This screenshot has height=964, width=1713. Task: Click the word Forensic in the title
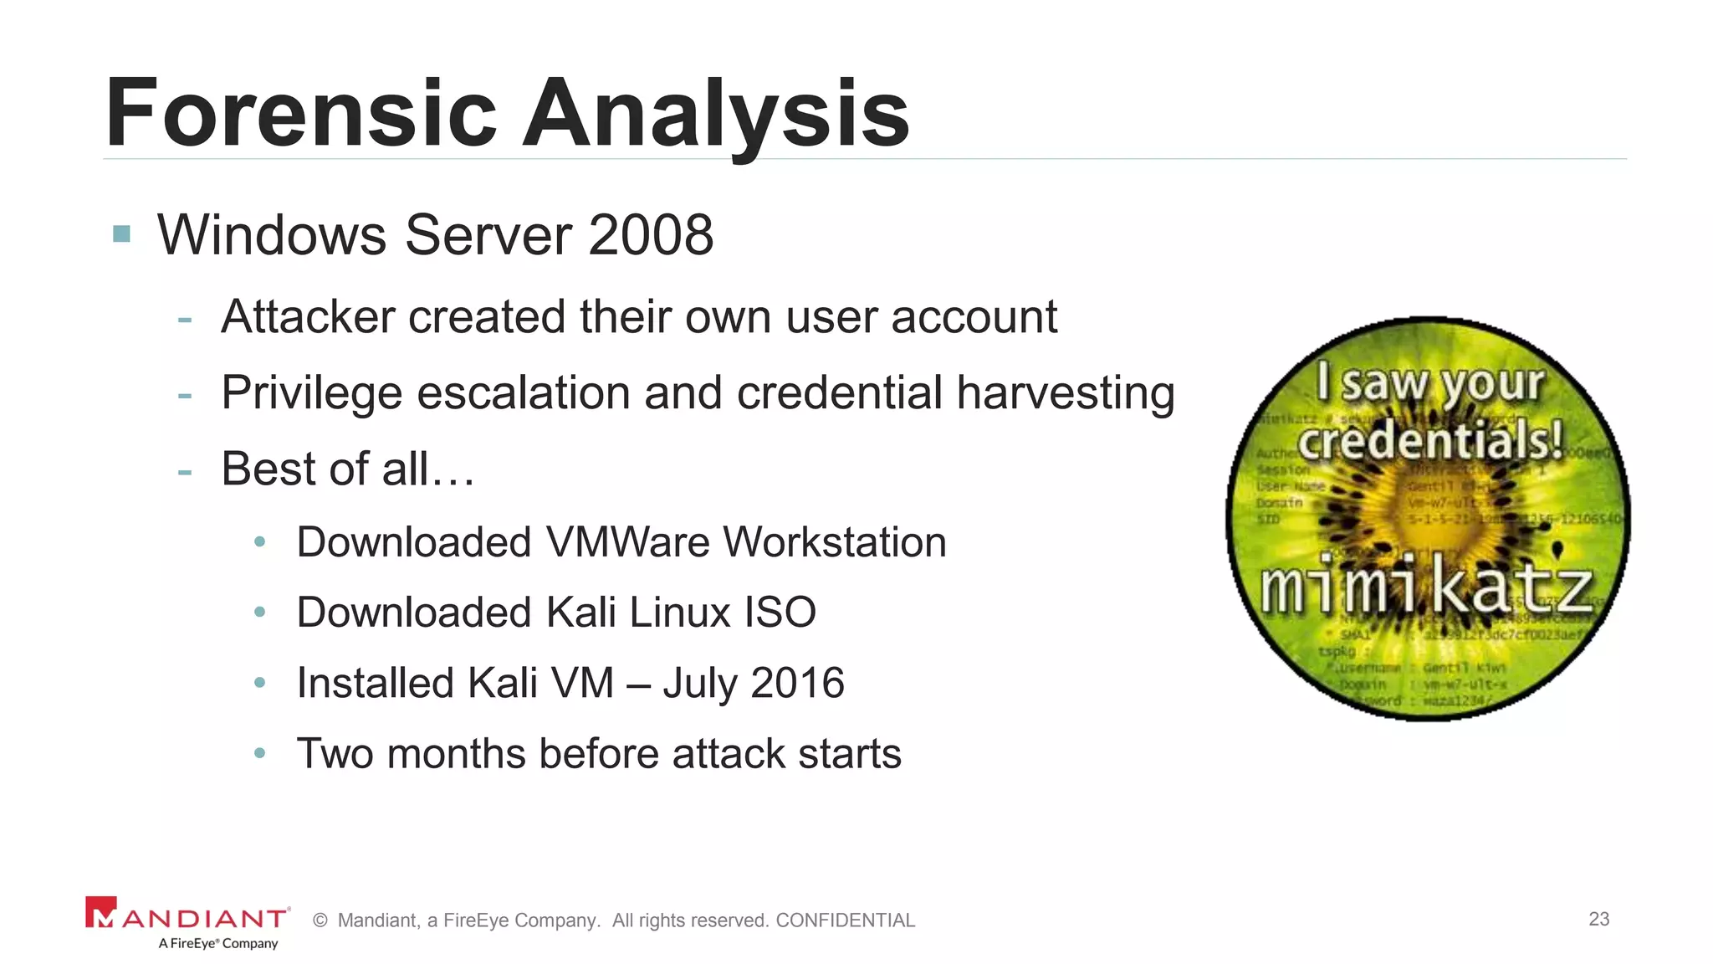301,113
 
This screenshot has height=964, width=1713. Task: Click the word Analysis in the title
716,113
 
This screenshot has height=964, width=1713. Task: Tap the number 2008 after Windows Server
651,235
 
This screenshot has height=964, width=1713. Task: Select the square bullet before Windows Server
122,233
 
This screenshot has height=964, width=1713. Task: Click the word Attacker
308,317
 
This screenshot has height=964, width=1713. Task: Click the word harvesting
1066,393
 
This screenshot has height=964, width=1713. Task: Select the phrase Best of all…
348,469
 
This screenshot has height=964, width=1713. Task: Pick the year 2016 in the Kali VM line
796,683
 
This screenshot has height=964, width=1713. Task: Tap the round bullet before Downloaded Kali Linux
260,613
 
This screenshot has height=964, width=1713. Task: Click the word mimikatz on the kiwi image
1426,588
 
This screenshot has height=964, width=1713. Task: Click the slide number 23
1598,919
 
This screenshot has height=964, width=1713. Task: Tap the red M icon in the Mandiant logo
100,913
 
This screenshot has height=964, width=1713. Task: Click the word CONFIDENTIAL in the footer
845,920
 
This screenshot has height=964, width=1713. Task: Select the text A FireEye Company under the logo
218,944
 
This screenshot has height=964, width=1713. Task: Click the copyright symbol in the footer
320,920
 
